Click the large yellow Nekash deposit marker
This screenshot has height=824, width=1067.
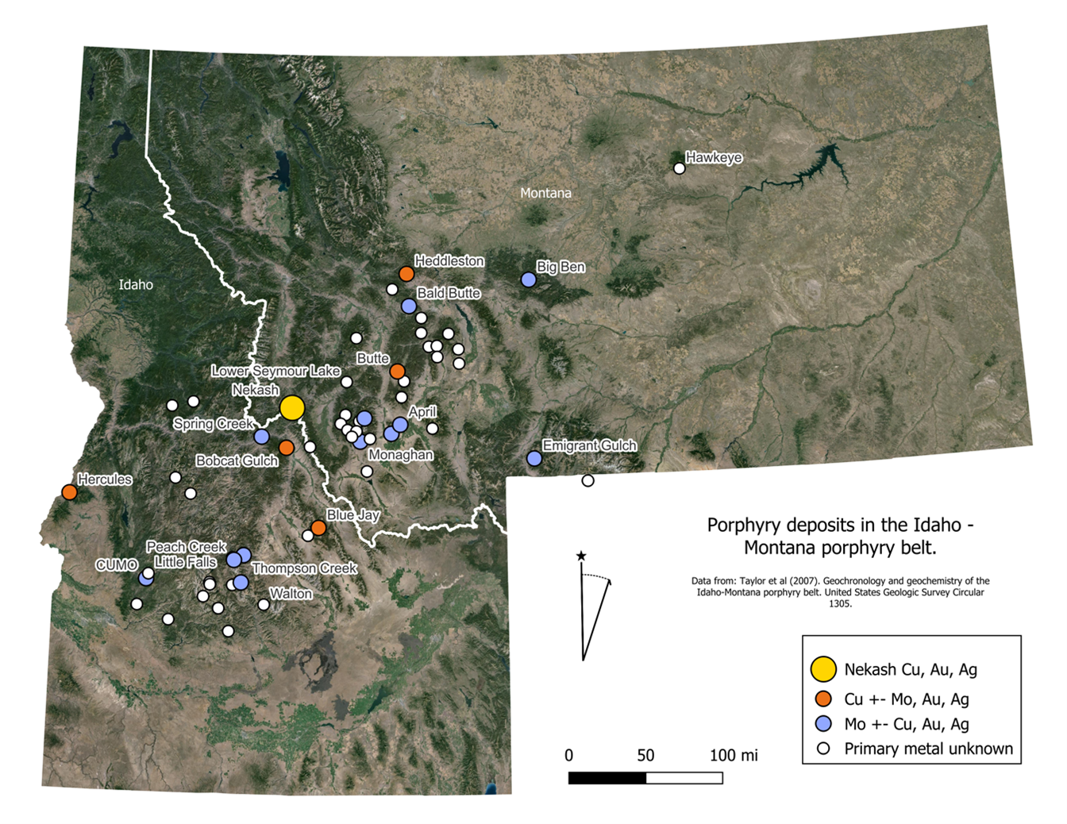(292, 407)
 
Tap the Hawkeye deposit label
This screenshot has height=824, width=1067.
(714, 157)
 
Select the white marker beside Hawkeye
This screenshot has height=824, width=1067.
(679, 168)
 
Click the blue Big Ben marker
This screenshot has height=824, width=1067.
(528, 279)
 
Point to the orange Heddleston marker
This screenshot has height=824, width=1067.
(406, 274)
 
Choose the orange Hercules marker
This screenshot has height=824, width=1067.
(69, 492)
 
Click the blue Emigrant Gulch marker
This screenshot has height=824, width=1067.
(534, 458)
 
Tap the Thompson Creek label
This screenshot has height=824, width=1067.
(304, 568)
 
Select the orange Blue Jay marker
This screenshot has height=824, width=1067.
(318, 528)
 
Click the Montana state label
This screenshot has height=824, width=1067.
(545, 193)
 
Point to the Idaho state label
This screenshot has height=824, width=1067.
(136, 284)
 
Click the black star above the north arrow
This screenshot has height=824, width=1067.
(581, 556)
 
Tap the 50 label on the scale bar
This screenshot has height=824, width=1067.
(645, 755)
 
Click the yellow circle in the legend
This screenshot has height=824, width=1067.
(823, 669)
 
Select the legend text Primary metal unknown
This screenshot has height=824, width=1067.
(928, 749)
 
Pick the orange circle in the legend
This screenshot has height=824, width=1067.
(823, 699)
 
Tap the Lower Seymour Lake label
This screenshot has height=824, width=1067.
(275, 371)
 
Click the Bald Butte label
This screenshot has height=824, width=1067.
(449, 293)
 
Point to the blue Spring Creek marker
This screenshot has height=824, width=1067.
(261, 437)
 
